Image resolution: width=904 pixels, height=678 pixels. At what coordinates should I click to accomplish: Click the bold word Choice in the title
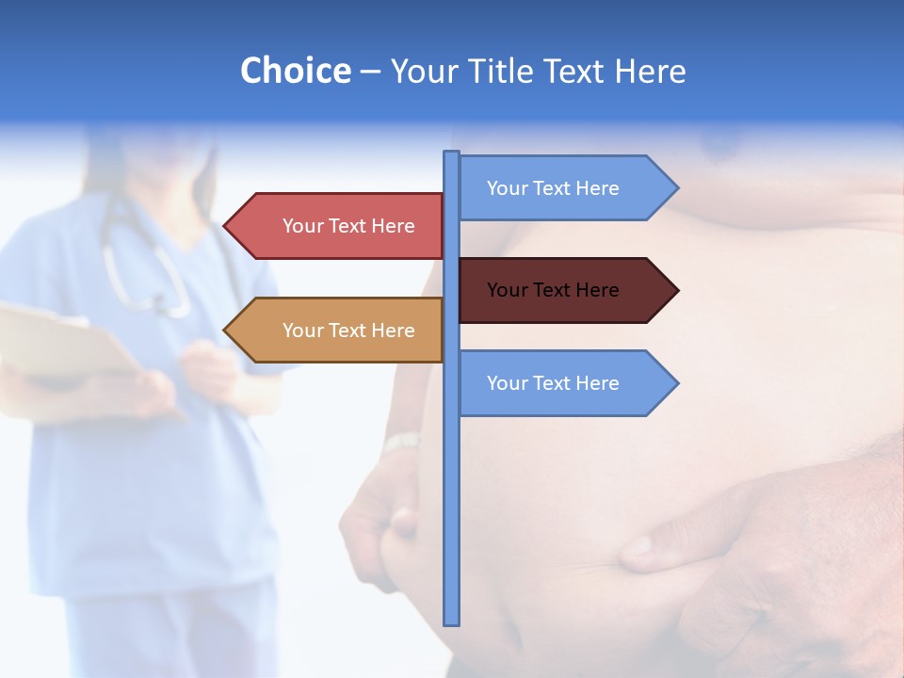[x=295, y=71]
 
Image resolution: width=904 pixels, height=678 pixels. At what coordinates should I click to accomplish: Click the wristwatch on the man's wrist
[x=403, y=442]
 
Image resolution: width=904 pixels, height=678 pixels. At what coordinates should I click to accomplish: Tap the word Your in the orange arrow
[x=302, y=330]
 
